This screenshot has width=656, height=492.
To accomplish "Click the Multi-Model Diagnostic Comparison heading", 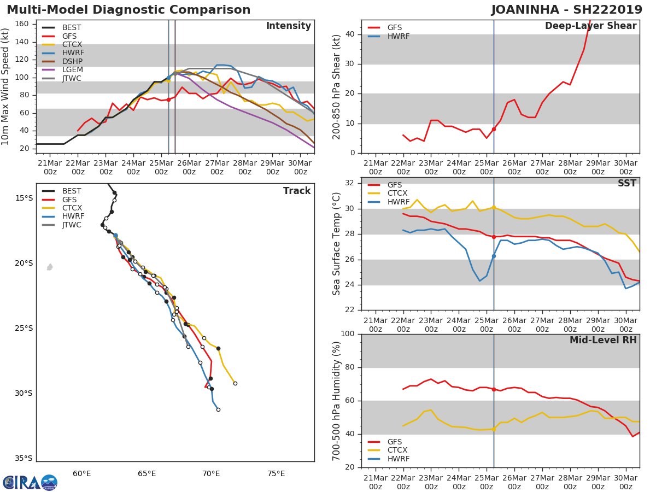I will (x=128, y=10).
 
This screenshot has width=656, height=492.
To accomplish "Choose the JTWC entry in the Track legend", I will (x=72, y=225).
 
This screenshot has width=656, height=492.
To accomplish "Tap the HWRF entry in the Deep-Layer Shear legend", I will (x=398, y=36).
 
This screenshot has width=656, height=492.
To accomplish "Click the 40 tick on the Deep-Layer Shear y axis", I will (x=349, y=34).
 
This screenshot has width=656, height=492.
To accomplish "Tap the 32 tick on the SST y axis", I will (x=349, y=183).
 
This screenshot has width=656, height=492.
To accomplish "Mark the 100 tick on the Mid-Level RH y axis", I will (x=347, y=334).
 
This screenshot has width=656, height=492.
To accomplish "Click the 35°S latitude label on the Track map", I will (x=24, y=459).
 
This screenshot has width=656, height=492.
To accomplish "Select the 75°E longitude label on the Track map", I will (x=276, y=473).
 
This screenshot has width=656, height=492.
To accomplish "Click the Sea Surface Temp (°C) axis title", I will (x=337, y=243).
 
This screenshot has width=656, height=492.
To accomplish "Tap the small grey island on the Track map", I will (x=50, y=267).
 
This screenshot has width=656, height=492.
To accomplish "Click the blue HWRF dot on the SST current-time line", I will (x=494, y=256).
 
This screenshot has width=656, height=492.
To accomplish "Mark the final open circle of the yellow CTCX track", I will (x=235, y=383).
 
